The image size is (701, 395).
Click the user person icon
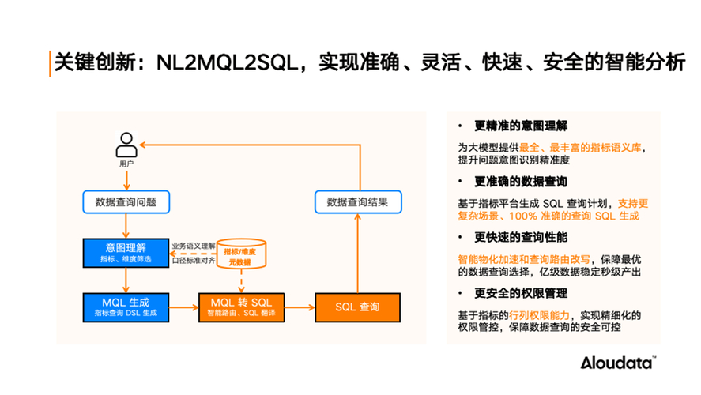[x=126, y=145]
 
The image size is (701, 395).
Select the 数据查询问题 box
[x=126, y=201]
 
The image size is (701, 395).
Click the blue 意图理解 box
[x=126, y=253]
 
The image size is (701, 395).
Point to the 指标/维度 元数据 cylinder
[x=242, y=254]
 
